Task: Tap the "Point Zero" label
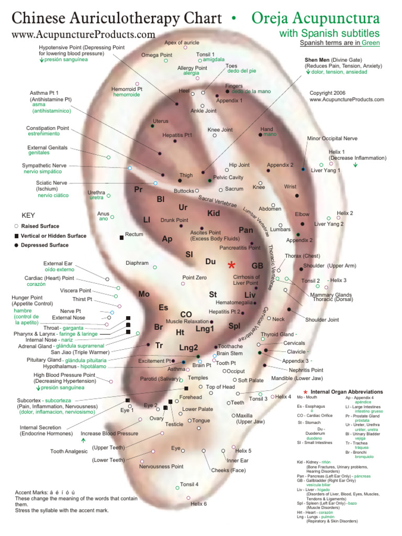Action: point(194,277)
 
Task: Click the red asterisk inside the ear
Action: point(231,265)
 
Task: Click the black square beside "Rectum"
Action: point(121,237)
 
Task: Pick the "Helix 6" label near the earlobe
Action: point(198,504)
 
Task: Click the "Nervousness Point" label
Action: point(161,466)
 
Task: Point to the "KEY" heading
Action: point(28,215)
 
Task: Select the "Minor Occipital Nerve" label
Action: point(332,139)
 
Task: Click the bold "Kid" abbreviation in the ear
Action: point(214,213)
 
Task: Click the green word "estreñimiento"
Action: point(43,134)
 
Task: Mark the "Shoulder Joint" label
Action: point(322,319)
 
